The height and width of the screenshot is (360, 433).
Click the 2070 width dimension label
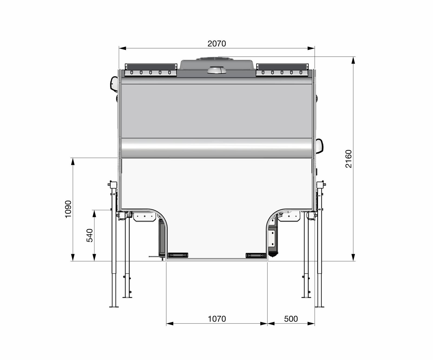(x=216, y=44)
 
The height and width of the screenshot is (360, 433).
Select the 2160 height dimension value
(x=349, y=159)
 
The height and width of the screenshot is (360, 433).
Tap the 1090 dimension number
(x=68, y=209)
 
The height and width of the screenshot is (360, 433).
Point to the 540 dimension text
(x=90, y=235)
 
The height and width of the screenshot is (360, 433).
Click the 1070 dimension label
(x=217, y=319)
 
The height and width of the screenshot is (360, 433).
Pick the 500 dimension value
(x=291, y=319)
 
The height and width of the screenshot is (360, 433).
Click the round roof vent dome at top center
(x=217, y=70)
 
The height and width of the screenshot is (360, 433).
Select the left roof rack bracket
(x=151, y=70)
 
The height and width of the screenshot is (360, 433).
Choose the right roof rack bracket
(x=282, y=70)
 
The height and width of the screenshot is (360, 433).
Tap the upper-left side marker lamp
(x=114, y=84)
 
